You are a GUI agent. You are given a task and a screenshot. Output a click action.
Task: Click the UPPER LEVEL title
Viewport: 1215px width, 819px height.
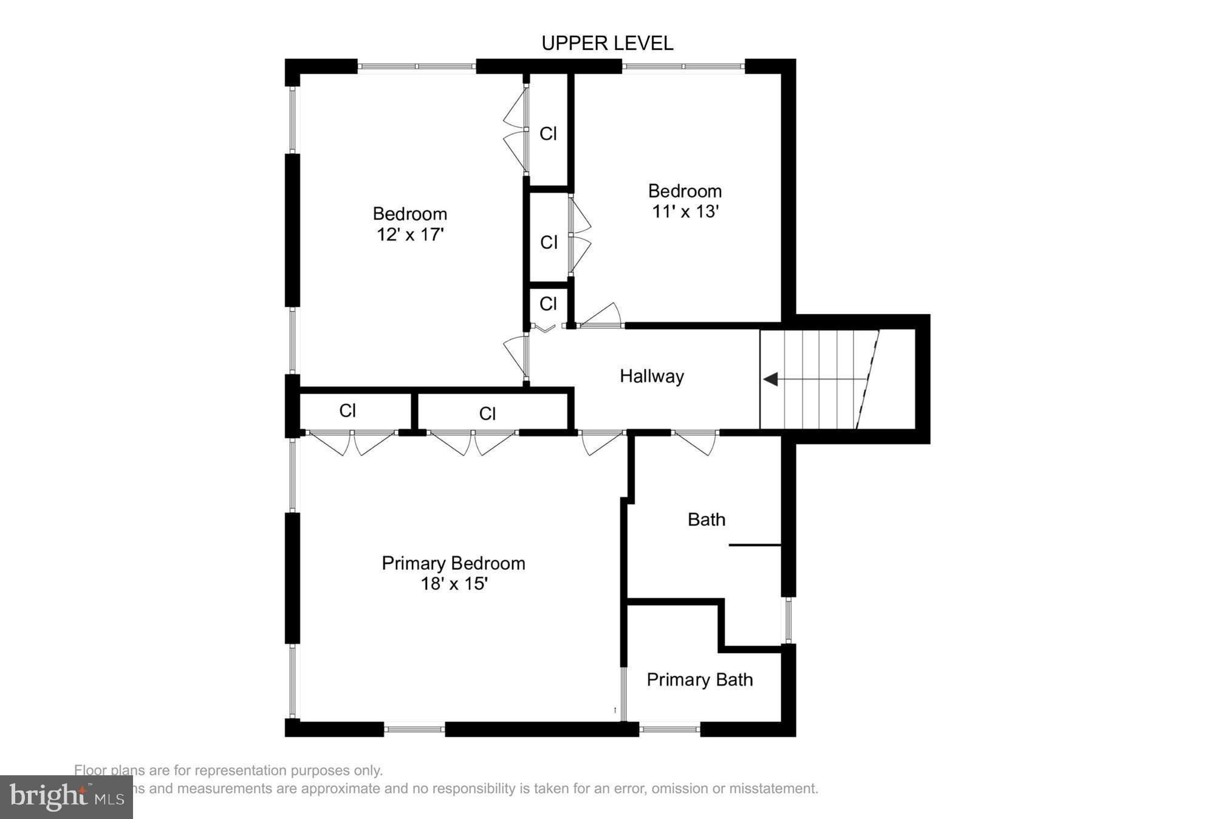click(607, 43)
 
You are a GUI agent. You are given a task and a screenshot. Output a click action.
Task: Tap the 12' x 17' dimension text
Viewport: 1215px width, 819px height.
click(410, 235)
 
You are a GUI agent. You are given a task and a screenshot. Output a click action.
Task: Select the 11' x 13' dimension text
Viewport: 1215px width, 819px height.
click(685, 211)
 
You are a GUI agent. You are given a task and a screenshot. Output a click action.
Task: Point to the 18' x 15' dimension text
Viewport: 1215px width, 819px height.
click(454, 584)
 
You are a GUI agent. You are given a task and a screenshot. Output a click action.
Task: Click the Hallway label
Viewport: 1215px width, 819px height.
click(651, 376)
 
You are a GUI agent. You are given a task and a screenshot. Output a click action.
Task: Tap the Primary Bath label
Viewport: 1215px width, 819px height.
click(699, 679)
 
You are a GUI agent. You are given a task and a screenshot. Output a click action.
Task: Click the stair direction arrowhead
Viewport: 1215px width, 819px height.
click(771, 380)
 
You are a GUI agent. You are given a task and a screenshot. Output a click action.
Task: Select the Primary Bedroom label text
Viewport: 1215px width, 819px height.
click(453, 563)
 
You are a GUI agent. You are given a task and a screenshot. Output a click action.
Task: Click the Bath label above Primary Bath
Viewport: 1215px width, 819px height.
click(706, 519)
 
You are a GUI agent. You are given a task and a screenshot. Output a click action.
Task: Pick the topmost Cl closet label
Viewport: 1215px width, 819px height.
click(548, 134)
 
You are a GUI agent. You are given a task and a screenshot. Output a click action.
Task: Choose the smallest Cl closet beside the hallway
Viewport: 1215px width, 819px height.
click(548, 303)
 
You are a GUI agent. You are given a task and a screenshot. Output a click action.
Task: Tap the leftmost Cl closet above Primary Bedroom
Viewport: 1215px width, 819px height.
click(347, 411)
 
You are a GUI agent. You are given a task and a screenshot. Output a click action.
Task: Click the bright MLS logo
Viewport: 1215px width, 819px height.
click(66, 797)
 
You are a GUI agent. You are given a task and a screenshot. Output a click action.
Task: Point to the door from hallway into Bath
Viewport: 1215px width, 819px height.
click(696, 442)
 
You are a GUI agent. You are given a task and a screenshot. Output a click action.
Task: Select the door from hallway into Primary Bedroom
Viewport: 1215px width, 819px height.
click(601, 442)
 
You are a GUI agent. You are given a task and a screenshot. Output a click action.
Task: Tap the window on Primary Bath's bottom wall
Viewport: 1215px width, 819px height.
click(669, 728)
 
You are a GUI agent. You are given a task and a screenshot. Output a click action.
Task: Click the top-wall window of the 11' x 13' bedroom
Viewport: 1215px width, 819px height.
click(683, 66)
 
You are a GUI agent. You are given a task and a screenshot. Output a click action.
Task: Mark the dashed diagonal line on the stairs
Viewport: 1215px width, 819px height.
click(868, 380)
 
